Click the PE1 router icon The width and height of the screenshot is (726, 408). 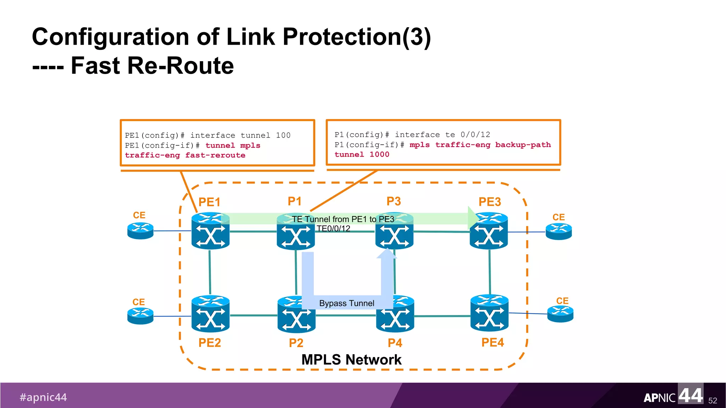pos(210,231)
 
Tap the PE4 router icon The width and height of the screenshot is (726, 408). pos(489,313)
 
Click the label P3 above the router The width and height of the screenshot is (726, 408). pos(393,201)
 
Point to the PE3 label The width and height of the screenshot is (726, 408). pos(490,202)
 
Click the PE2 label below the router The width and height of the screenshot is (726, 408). pos(210,342)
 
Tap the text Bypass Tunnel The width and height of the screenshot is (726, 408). pos(346,303)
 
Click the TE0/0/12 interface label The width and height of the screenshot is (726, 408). pos(333,229)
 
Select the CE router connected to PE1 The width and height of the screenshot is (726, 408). pos(140,231)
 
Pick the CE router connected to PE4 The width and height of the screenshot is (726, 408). pos(560,313)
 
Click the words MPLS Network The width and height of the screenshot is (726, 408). pos(351,359)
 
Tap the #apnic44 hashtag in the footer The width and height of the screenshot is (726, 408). pos(43,397)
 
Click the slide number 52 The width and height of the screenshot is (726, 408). pos(713,401)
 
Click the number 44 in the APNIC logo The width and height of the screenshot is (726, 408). pos(691,395)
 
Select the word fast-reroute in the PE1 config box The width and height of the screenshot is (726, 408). pos(215,155)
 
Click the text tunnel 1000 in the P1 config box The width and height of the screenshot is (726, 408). pos(362,154)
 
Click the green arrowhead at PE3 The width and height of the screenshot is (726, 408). pos(473,218)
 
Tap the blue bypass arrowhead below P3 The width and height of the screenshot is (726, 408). pos(387,254)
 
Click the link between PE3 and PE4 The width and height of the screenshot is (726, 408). pos(490,272)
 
